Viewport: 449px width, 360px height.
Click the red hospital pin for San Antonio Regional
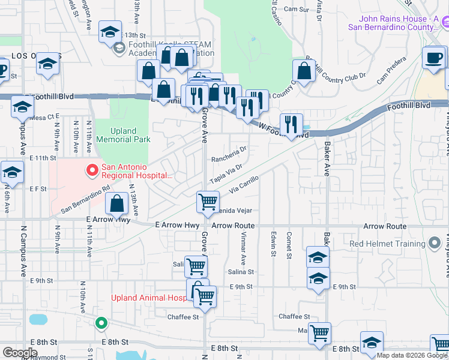[x=92, y=171]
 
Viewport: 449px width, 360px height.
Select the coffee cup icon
[x=433, y=58]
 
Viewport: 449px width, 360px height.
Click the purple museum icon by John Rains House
[x=445, y=23]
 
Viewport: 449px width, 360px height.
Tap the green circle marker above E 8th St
[x=101, y=323]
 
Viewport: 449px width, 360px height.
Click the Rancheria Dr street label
[x=229, y=155]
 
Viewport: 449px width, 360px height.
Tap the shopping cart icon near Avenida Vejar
[x=208, y=202]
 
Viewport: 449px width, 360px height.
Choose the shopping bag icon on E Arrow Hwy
[x=117, y=204]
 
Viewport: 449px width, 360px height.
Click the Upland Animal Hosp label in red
[x=148, y=298]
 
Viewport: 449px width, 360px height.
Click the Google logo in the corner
[x=20, y=353]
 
